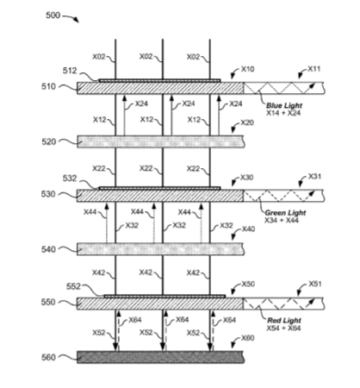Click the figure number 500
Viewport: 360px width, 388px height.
coord(53,16)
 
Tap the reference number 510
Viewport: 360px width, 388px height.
coord(48,86)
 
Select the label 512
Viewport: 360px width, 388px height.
coord(70,71)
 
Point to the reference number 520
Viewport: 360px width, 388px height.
coord(49,141)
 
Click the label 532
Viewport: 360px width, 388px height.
coord(70,178)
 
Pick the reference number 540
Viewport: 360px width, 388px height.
coord(48,249)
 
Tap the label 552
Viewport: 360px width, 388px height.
coord(73,286)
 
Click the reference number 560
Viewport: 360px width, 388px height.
coord(48,358)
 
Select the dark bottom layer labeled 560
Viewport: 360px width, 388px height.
coord(160,357)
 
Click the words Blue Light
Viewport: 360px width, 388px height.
coord(284,105)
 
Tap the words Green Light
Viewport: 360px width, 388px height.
coord(285,213)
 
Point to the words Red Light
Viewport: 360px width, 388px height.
coord(284,321)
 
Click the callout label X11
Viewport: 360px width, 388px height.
coord(314,69)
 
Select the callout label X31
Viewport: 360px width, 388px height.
coord(314,176)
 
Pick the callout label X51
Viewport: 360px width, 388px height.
coord(315,284)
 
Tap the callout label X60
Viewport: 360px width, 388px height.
coord(248,338)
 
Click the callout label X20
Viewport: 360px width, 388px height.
coord(247,122)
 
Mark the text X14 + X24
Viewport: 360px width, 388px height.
coord(283,113)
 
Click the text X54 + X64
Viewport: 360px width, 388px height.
coord(283,329)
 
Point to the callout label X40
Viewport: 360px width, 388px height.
coord(248,229)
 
